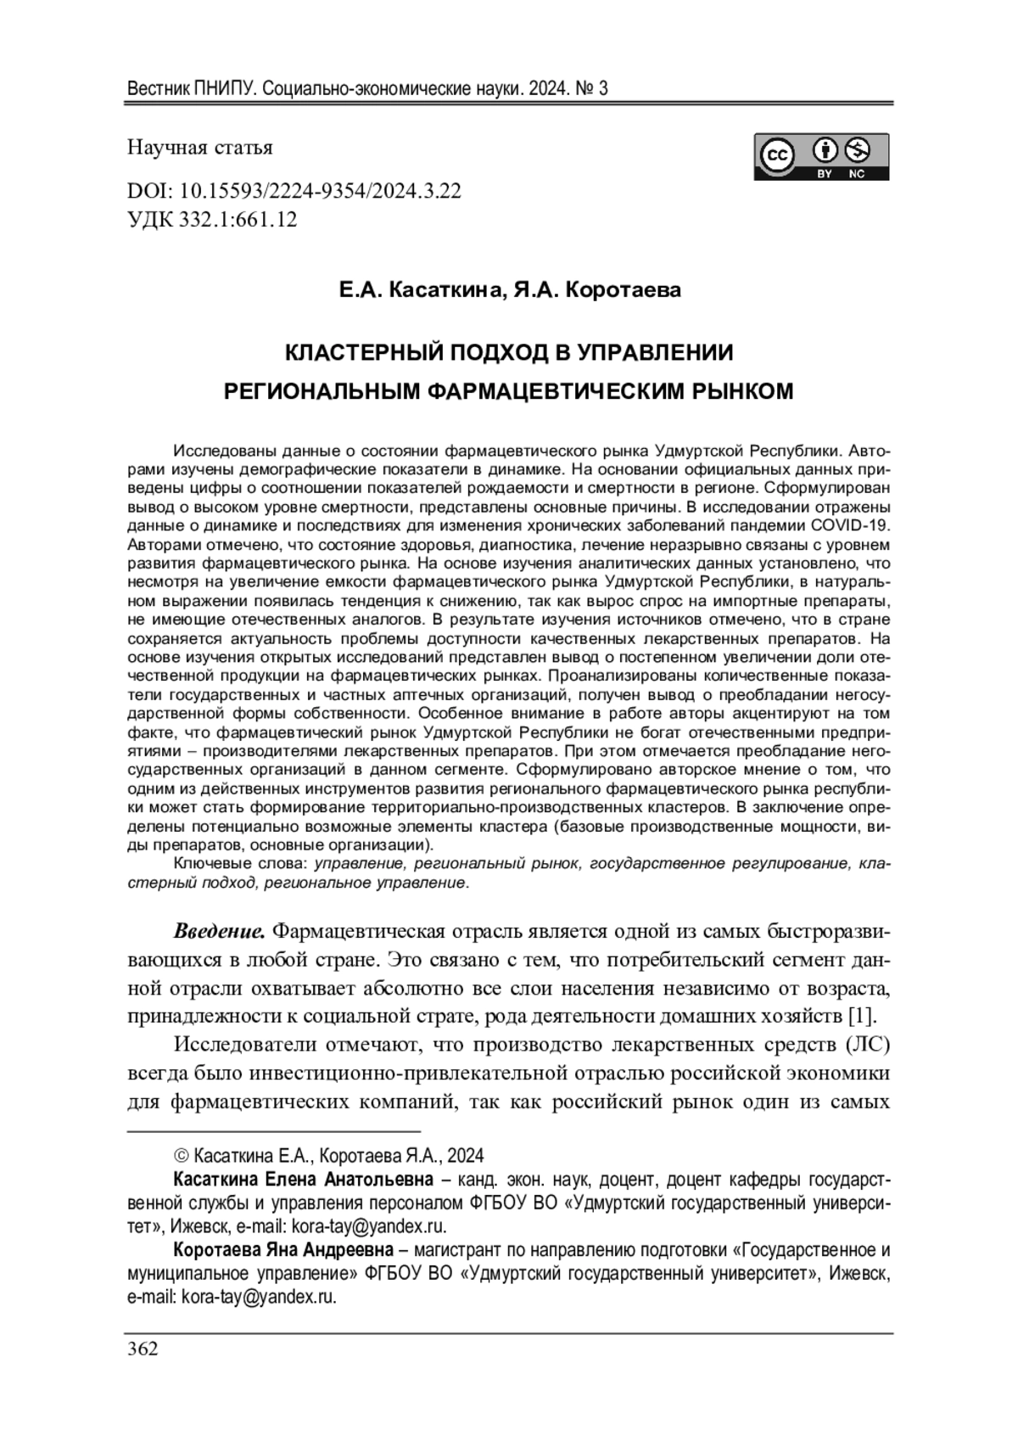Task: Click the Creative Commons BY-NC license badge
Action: (821, 157)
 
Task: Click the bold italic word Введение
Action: (220, 931)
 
